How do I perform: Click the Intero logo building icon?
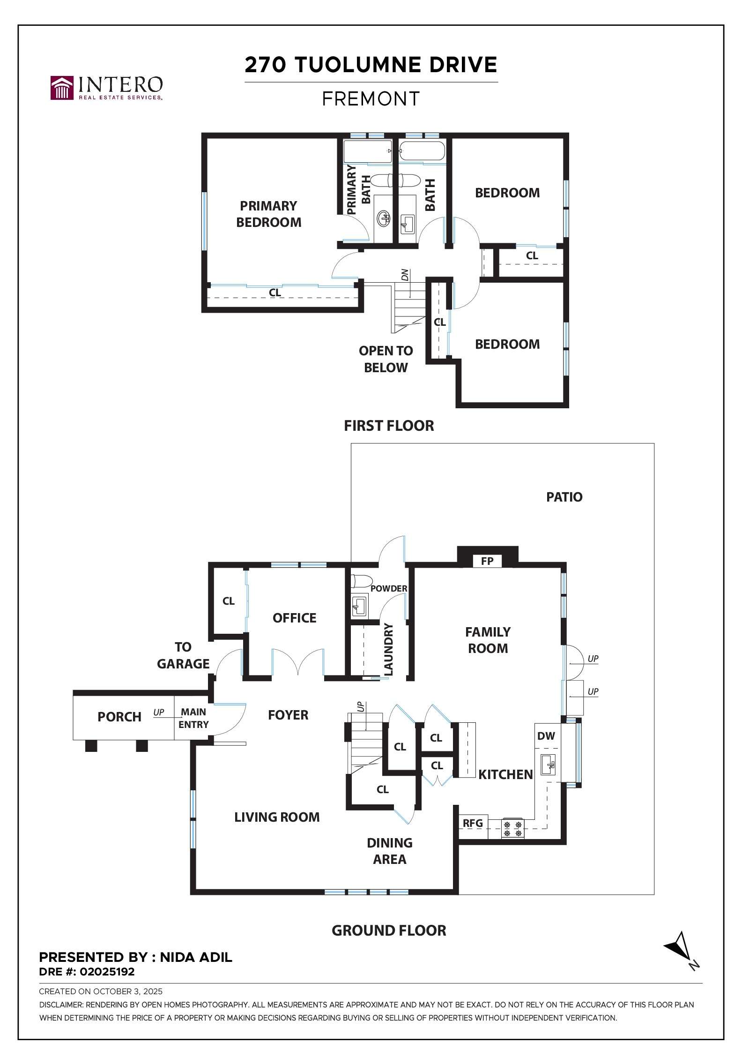tap(62, 88)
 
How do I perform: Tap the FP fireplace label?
tap(487, 561)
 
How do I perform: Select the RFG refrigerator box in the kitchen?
tap(473, 823)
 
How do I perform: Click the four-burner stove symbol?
tap(512, 828)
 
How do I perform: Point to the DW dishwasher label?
tap(546, 736)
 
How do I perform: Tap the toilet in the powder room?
tap(361, 581)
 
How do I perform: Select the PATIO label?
tap(564, 497)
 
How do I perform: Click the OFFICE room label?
tap(294, 618)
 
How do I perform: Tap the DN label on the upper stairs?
tap(405, 275)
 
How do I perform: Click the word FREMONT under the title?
tap(371, 99)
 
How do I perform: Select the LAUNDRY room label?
tap(388, 649)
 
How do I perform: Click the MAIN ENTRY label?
tap(193, 718)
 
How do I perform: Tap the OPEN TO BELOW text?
tap(386, 359)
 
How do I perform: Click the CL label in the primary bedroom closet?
tap(275, 292)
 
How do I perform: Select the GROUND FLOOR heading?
tap(389, 930)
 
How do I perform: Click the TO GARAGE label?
tap(183, 655)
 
